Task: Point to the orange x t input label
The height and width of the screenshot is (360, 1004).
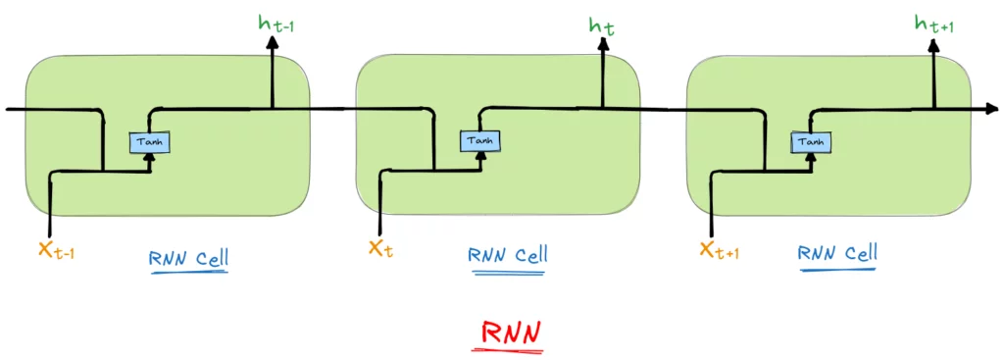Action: pyautogui.click(x=381, y=248)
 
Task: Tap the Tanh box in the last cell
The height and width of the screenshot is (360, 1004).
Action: pyautogui.click(x=812, y=141)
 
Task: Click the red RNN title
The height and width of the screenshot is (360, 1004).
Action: pyautogui.click(x=510, y=334)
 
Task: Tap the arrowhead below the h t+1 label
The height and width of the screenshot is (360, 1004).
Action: pyautogui.click(x=934, y=45)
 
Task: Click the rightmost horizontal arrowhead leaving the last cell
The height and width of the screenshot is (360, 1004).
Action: pyautogui.click(x=992, y=110)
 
